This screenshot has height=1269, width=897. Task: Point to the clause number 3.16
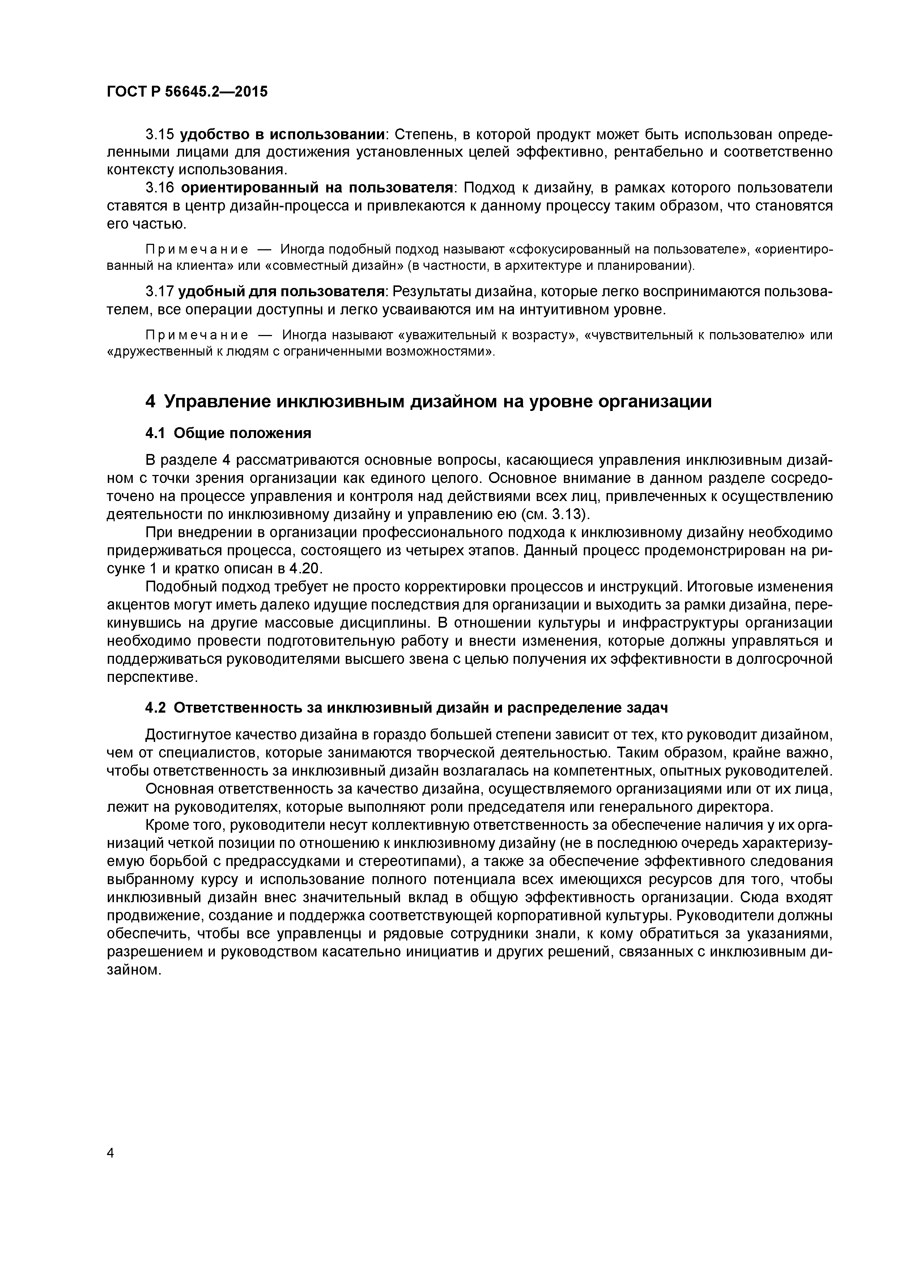pyautogui.click(x=160, y=188)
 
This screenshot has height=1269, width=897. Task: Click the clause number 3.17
pyautogui.click(x=160, y=291)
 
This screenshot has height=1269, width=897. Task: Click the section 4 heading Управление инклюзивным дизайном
pyautogui.click(x=428, y=401)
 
